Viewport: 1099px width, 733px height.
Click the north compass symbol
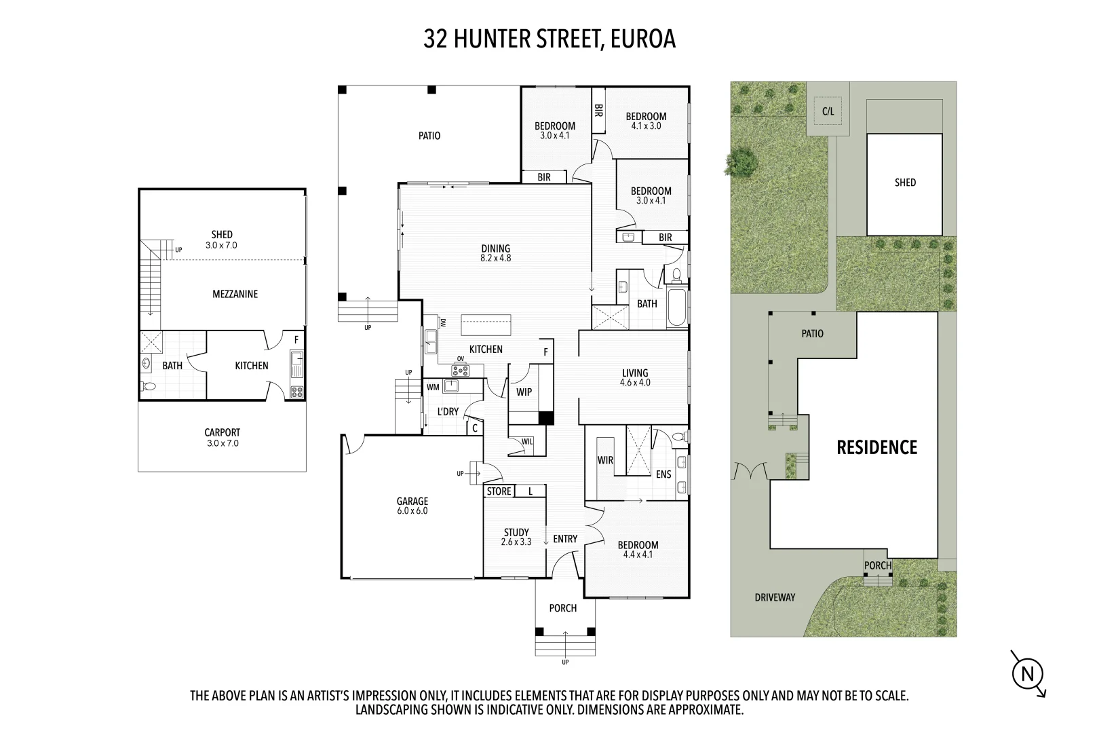(1027, 673)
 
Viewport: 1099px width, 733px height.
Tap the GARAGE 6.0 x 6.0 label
(412, 506)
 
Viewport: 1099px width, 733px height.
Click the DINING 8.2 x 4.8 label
(495, 253)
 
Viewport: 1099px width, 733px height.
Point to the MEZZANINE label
(235, 294)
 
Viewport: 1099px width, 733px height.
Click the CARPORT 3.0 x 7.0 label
(222, 437)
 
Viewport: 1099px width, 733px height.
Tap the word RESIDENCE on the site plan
(876, 447)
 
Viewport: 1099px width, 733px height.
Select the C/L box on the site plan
(828, 112)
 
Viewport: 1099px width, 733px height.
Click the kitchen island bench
(486, 325)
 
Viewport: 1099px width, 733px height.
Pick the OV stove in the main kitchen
(461, 370)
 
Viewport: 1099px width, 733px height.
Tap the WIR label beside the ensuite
(605, 460)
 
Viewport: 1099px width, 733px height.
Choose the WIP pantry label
(524, 392)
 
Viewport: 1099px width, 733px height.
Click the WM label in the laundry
(433, 387)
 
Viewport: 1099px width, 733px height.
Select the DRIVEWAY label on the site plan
(775, 597)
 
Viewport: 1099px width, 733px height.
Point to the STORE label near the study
(499, 491)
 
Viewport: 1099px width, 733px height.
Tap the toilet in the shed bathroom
(149, 387)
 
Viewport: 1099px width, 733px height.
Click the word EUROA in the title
(643, 39)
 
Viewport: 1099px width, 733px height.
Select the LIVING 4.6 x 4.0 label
(635, 377)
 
